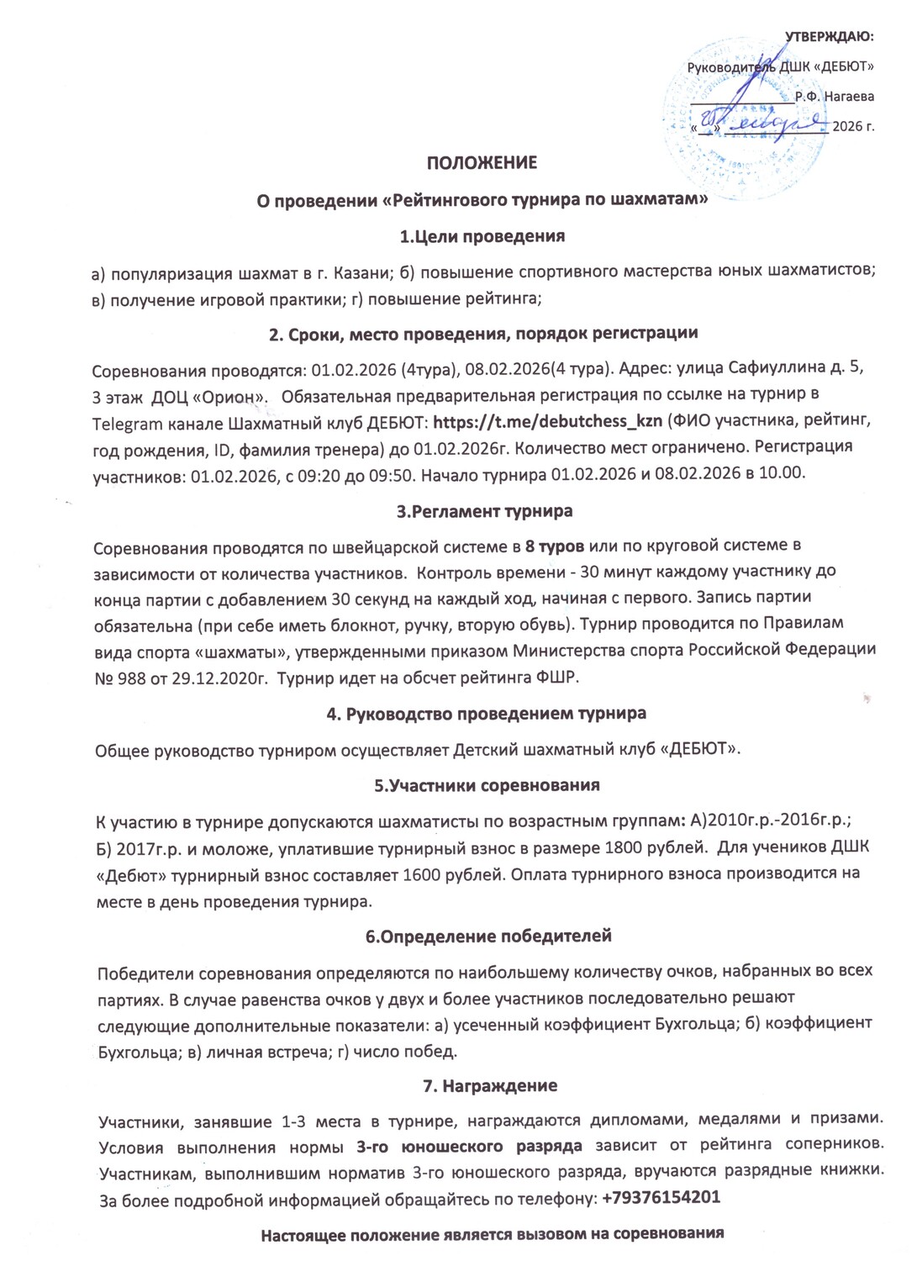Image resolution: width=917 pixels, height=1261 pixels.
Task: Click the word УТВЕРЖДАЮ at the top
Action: click(829, 36)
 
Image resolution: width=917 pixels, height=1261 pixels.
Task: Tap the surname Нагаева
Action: click(849, 97)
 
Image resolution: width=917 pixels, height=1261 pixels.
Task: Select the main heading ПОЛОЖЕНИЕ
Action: click(482, 162)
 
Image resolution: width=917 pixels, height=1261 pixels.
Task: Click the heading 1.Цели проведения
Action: click(482, 236)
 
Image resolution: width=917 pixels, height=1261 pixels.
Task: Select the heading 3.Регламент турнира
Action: click(484, 511)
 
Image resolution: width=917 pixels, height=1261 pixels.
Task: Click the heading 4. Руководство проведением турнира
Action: click(486, 714)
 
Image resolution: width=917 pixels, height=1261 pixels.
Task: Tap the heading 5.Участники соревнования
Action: click(487, 785)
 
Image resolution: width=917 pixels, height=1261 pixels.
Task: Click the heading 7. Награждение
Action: click(489, 1085)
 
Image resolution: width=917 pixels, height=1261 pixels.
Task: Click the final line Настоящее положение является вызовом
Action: click(493, 1235)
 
